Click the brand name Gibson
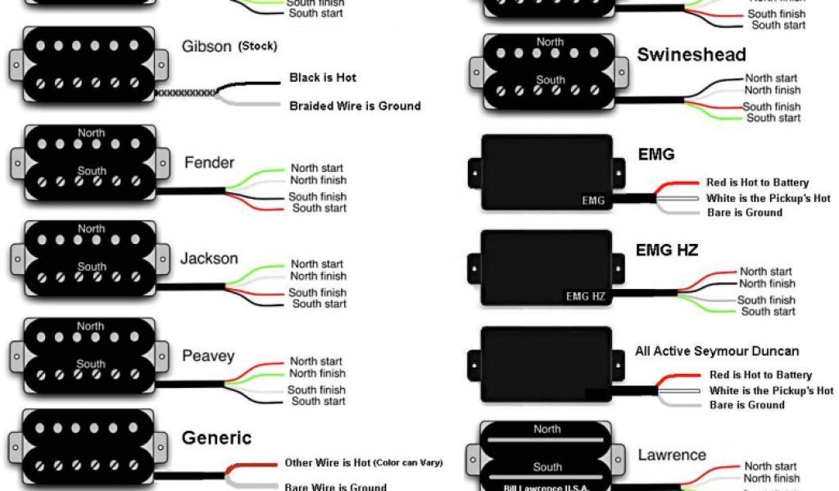[x=206, y=47]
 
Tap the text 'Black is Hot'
[x=323, y=78]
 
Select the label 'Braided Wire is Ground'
[x=355, y=106]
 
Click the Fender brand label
[x=209, y=162]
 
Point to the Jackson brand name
[x=209, y=259]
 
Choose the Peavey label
[x=208, y=356]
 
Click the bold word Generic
[x=215, y=437]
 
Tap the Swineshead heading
[x=691, y=55]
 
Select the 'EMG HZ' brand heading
[x=667, y=250]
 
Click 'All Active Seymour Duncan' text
[x=717, y=351]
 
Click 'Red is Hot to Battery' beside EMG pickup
[x=757, y=182]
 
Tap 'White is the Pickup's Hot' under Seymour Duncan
[x=769, y=390]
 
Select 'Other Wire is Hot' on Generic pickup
[x=327, y=462]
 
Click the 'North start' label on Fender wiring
[x=316, y=168]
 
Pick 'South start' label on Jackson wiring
[x=319, y=304]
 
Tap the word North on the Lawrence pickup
[x=547, y=429]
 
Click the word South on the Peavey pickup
[x=92, y=364]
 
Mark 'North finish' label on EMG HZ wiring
[x=767, y=283]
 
